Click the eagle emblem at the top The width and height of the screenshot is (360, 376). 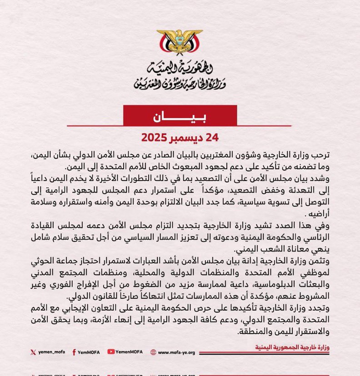[180, 45]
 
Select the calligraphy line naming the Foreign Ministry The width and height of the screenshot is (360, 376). [180, 83]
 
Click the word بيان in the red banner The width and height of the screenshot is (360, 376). [180, 116]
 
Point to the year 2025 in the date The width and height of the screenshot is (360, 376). [155, 137]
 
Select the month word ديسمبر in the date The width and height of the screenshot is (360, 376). [187, 137]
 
